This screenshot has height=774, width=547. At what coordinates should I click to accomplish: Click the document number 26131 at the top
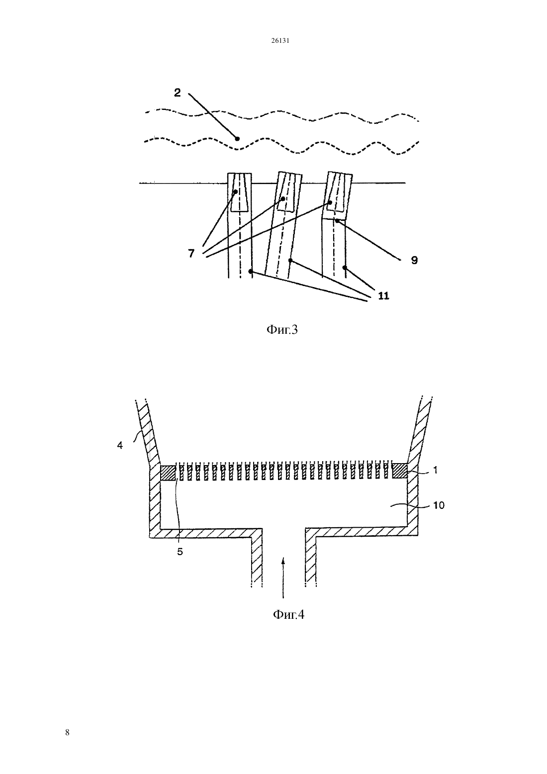tap(280, 41)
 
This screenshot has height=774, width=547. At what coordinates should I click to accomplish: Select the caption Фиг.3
tap(282, 330)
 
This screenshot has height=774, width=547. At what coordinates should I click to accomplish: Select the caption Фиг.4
tap(289, 615)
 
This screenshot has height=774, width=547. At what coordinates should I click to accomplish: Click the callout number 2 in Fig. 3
tap(177, 93)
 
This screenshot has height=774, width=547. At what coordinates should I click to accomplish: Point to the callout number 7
tap(191, 253)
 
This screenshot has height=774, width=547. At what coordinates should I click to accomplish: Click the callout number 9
tap(414, 260)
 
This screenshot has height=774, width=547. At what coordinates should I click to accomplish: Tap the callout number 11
tap(383, 296)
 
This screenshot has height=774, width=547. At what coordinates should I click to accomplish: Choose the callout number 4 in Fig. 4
tap(120, 445)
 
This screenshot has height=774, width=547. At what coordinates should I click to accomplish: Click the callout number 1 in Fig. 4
tap(436, 470)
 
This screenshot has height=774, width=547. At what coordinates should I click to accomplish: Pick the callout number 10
tap(439, 505)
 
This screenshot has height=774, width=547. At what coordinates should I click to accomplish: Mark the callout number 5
tap(180, 552)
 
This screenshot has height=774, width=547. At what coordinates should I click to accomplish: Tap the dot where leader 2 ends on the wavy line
tap(237, 139)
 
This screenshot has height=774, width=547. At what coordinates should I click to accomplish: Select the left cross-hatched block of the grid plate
tap(168, 473)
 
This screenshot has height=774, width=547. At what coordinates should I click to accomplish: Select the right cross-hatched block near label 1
tap(400, 471)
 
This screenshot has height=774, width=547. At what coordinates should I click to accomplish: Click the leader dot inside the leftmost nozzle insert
tap(236, 192)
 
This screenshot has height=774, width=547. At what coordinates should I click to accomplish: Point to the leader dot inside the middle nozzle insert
tap(283, 198)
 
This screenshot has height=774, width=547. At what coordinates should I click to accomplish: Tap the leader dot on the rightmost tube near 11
tap(344, 268)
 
